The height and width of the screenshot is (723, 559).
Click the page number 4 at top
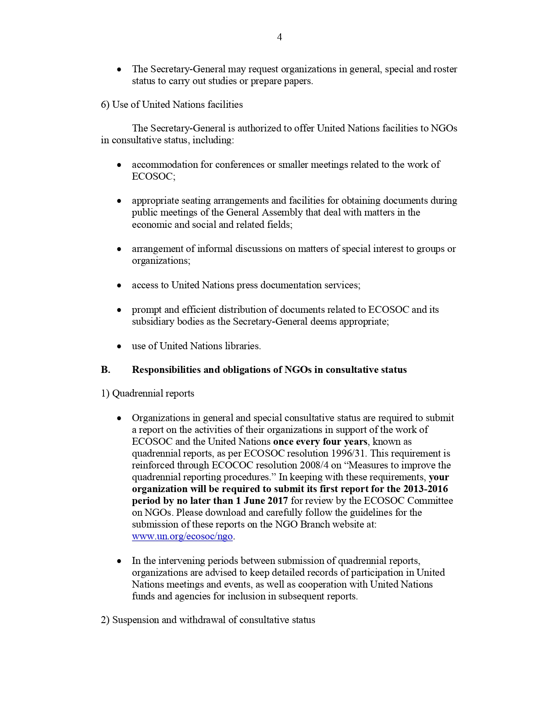[x=279, y=37]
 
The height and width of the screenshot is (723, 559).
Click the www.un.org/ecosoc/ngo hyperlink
[x=182, y=536]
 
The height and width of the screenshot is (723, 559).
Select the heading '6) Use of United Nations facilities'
[x=172, y=105]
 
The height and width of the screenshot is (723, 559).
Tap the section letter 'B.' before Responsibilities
[x=105, y=370]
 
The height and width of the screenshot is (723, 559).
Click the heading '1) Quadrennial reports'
[x=147, y=393]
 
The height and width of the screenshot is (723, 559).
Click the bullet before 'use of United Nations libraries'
[x=119, y=347]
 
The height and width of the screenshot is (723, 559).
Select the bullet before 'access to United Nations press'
[x=119, y=286]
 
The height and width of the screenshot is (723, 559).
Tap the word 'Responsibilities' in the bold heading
[x=166, y=370]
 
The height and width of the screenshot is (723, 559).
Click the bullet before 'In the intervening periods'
[x=119, y=561]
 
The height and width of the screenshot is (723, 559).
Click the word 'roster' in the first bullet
[x=445, y=69]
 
